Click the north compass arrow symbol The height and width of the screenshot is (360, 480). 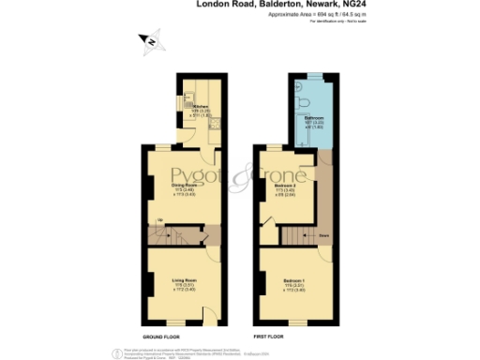[x=151, y=39]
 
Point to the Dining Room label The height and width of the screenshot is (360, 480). [x=184, y=187]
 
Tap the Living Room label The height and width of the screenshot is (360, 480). [x=184, y=281]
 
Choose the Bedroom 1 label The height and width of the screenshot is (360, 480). [x=296, y=282]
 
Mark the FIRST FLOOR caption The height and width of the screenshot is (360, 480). [x=271, y=337]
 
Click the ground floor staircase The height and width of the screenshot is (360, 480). [x=177, y=233]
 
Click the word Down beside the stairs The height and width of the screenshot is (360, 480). [x=323, y=236]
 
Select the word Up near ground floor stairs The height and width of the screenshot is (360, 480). [x=159, y=221]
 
